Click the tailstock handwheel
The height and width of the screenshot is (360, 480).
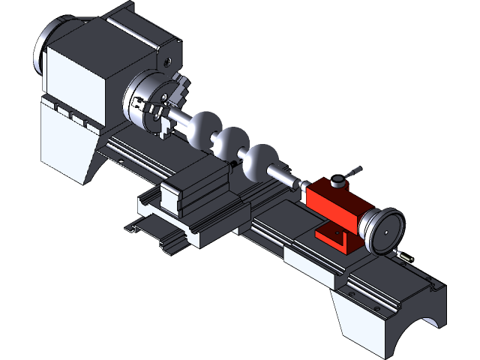click(x=383, y=230)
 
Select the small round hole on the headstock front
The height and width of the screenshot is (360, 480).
click(x=168, y=62)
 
